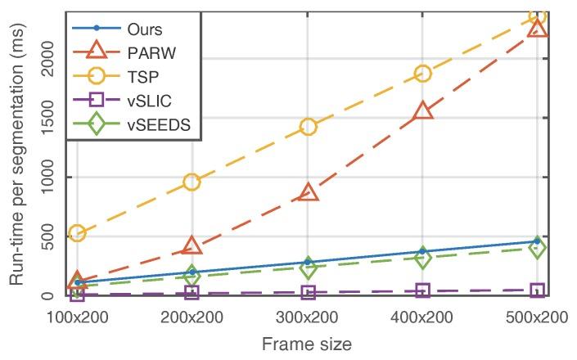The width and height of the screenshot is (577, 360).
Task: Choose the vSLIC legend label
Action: [x=150, y=106]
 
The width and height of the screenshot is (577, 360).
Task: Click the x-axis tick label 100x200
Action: [x=77, y=317]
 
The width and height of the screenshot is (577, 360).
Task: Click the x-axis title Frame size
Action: [x=307, y=344]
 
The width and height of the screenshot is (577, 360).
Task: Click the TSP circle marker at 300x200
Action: [x=308, y=127]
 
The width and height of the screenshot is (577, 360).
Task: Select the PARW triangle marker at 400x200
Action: [x=423, y=111]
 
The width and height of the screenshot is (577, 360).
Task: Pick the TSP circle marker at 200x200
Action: [x=192, y=182]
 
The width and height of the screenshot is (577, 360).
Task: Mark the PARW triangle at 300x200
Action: [x=308, y=192]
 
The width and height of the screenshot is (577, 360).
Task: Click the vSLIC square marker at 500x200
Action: [x=538, y=290]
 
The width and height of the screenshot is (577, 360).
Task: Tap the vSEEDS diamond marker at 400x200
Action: [x=423, y=259]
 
